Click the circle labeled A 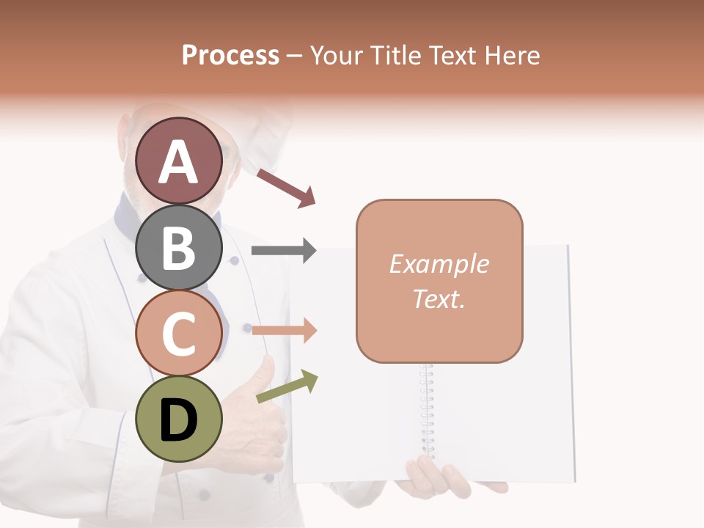point(179,161)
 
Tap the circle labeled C point(179,333)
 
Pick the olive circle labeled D point(179,419)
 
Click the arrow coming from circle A point(287,188)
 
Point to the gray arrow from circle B point(283,251)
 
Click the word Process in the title point(230,55)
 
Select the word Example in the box point(439,264)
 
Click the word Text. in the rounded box point(439,299)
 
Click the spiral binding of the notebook point(427,411)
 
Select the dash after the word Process point(295,56)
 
